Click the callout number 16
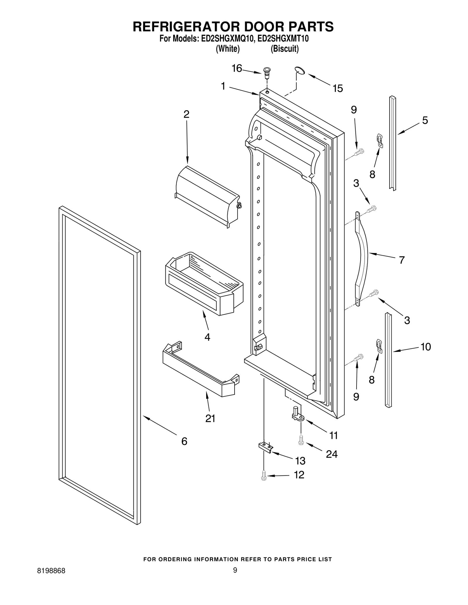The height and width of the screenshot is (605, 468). tap(237, 68)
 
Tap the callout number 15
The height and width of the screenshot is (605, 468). tap(338, 89)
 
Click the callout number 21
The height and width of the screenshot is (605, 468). tap(210, 418)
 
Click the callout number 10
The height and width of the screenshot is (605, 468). tap(426, 347)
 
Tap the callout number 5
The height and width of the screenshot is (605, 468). tap(425, 120)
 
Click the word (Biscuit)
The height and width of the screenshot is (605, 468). tap(284, 49)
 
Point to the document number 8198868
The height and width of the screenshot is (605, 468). tap(51, 579)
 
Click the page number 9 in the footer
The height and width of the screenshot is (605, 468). tap(235, 578)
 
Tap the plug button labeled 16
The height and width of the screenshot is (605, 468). tap(267, 72)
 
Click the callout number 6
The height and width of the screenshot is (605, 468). tap(184, 441)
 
